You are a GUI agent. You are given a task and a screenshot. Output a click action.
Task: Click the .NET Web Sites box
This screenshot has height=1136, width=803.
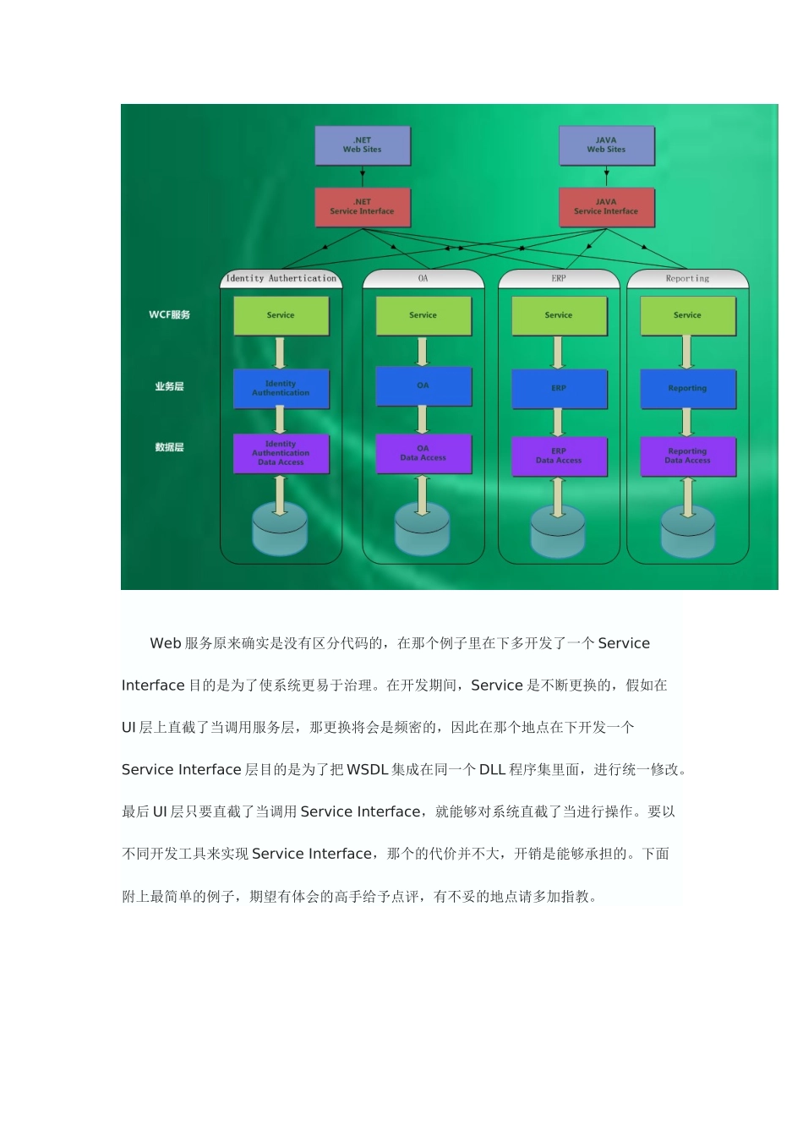coord(362,145)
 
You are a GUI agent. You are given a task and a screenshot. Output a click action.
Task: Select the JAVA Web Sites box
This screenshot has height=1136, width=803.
coord(606,145)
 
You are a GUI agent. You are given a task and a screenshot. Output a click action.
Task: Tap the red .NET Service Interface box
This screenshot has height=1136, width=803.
coord(362,207)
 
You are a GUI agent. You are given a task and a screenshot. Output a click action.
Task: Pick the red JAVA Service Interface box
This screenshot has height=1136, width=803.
coord(606,207)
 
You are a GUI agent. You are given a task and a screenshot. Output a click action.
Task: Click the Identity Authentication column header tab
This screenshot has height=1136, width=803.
coord(281,278)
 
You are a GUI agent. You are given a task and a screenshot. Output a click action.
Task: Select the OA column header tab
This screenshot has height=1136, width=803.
coord(423,278)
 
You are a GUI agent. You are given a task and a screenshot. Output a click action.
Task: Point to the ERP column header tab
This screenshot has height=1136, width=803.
coord(559,278)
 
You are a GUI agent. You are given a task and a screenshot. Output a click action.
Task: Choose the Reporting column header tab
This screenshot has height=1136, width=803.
coord(687,278)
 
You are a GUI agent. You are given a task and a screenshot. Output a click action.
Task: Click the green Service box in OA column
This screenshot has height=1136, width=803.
coord(423,315)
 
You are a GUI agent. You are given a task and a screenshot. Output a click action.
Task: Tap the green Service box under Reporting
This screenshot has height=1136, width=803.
coord(687,315)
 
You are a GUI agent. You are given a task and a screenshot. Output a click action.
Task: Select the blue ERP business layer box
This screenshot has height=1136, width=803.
coord(559,389)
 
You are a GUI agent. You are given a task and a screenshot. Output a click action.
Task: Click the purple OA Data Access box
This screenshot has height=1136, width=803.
coord(423,454)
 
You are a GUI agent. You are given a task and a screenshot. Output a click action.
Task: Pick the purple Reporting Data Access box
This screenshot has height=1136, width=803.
coord(687,456)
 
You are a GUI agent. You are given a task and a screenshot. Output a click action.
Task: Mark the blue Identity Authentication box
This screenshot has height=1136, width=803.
coord(281,389)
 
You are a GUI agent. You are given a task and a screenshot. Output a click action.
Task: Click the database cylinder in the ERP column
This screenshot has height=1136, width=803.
coord(558,530)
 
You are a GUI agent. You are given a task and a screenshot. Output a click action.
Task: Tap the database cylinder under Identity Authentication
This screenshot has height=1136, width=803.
coord(280,527)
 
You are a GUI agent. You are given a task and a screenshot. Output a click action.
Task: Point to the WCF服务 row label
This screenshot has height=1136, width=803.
coord(170,315)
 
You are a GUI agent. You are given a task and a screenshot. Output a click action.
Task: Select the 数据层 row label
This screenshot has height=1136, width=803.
coord(169,447)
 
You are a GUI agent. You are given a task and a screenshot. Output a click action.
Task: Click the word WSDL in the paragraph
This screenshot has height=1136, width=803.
coord(368,770)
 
